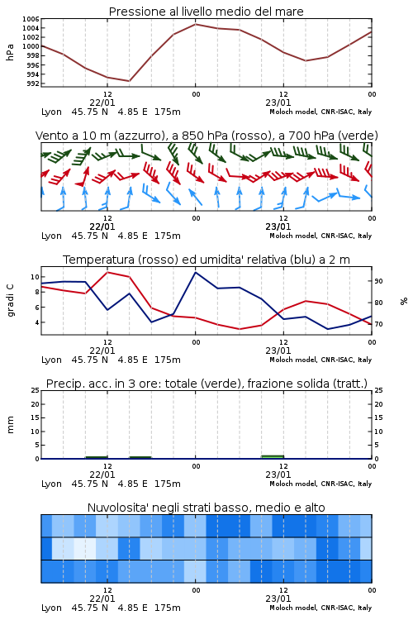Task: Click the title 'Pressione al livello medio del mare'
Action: (206, 12)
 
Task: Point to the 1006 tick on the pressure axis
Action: (31, 19)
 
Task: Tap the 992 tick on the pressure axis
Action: (33, 83)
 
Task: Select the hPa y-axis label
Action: (10, 52)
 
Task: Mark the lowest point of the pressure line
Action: (129, 81)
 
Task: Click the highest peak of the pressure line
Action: (195, 24)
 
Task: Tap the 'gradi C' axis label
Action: (10, 301)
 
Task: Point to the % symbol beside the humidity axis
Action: (404, 301)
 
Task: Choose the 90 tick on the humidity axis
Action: (378, 281)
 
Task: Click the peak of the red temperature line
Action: (107, 272)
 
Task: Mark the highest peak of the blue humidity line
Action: (195, 272)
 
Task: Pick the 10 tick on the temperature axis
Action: (35, 277)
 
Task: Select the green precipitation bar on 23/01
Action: (273, 456)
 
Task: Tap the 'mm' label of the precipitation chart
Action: (10, 424)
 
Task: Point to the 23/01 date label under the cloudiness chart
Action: (278, 599)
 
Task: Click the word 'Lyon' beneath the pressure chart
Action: (51, 112)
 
